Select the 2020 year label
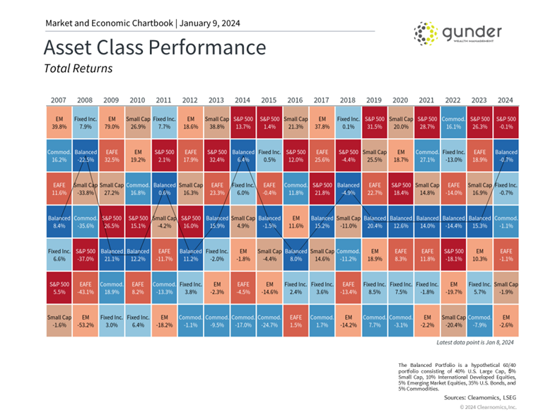(402, 100)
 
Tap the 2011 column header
(165, 100)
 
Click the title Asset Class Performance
(155, 48)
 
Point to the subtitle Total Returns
(78, 69)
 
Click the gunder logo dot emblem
(426, 34)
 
